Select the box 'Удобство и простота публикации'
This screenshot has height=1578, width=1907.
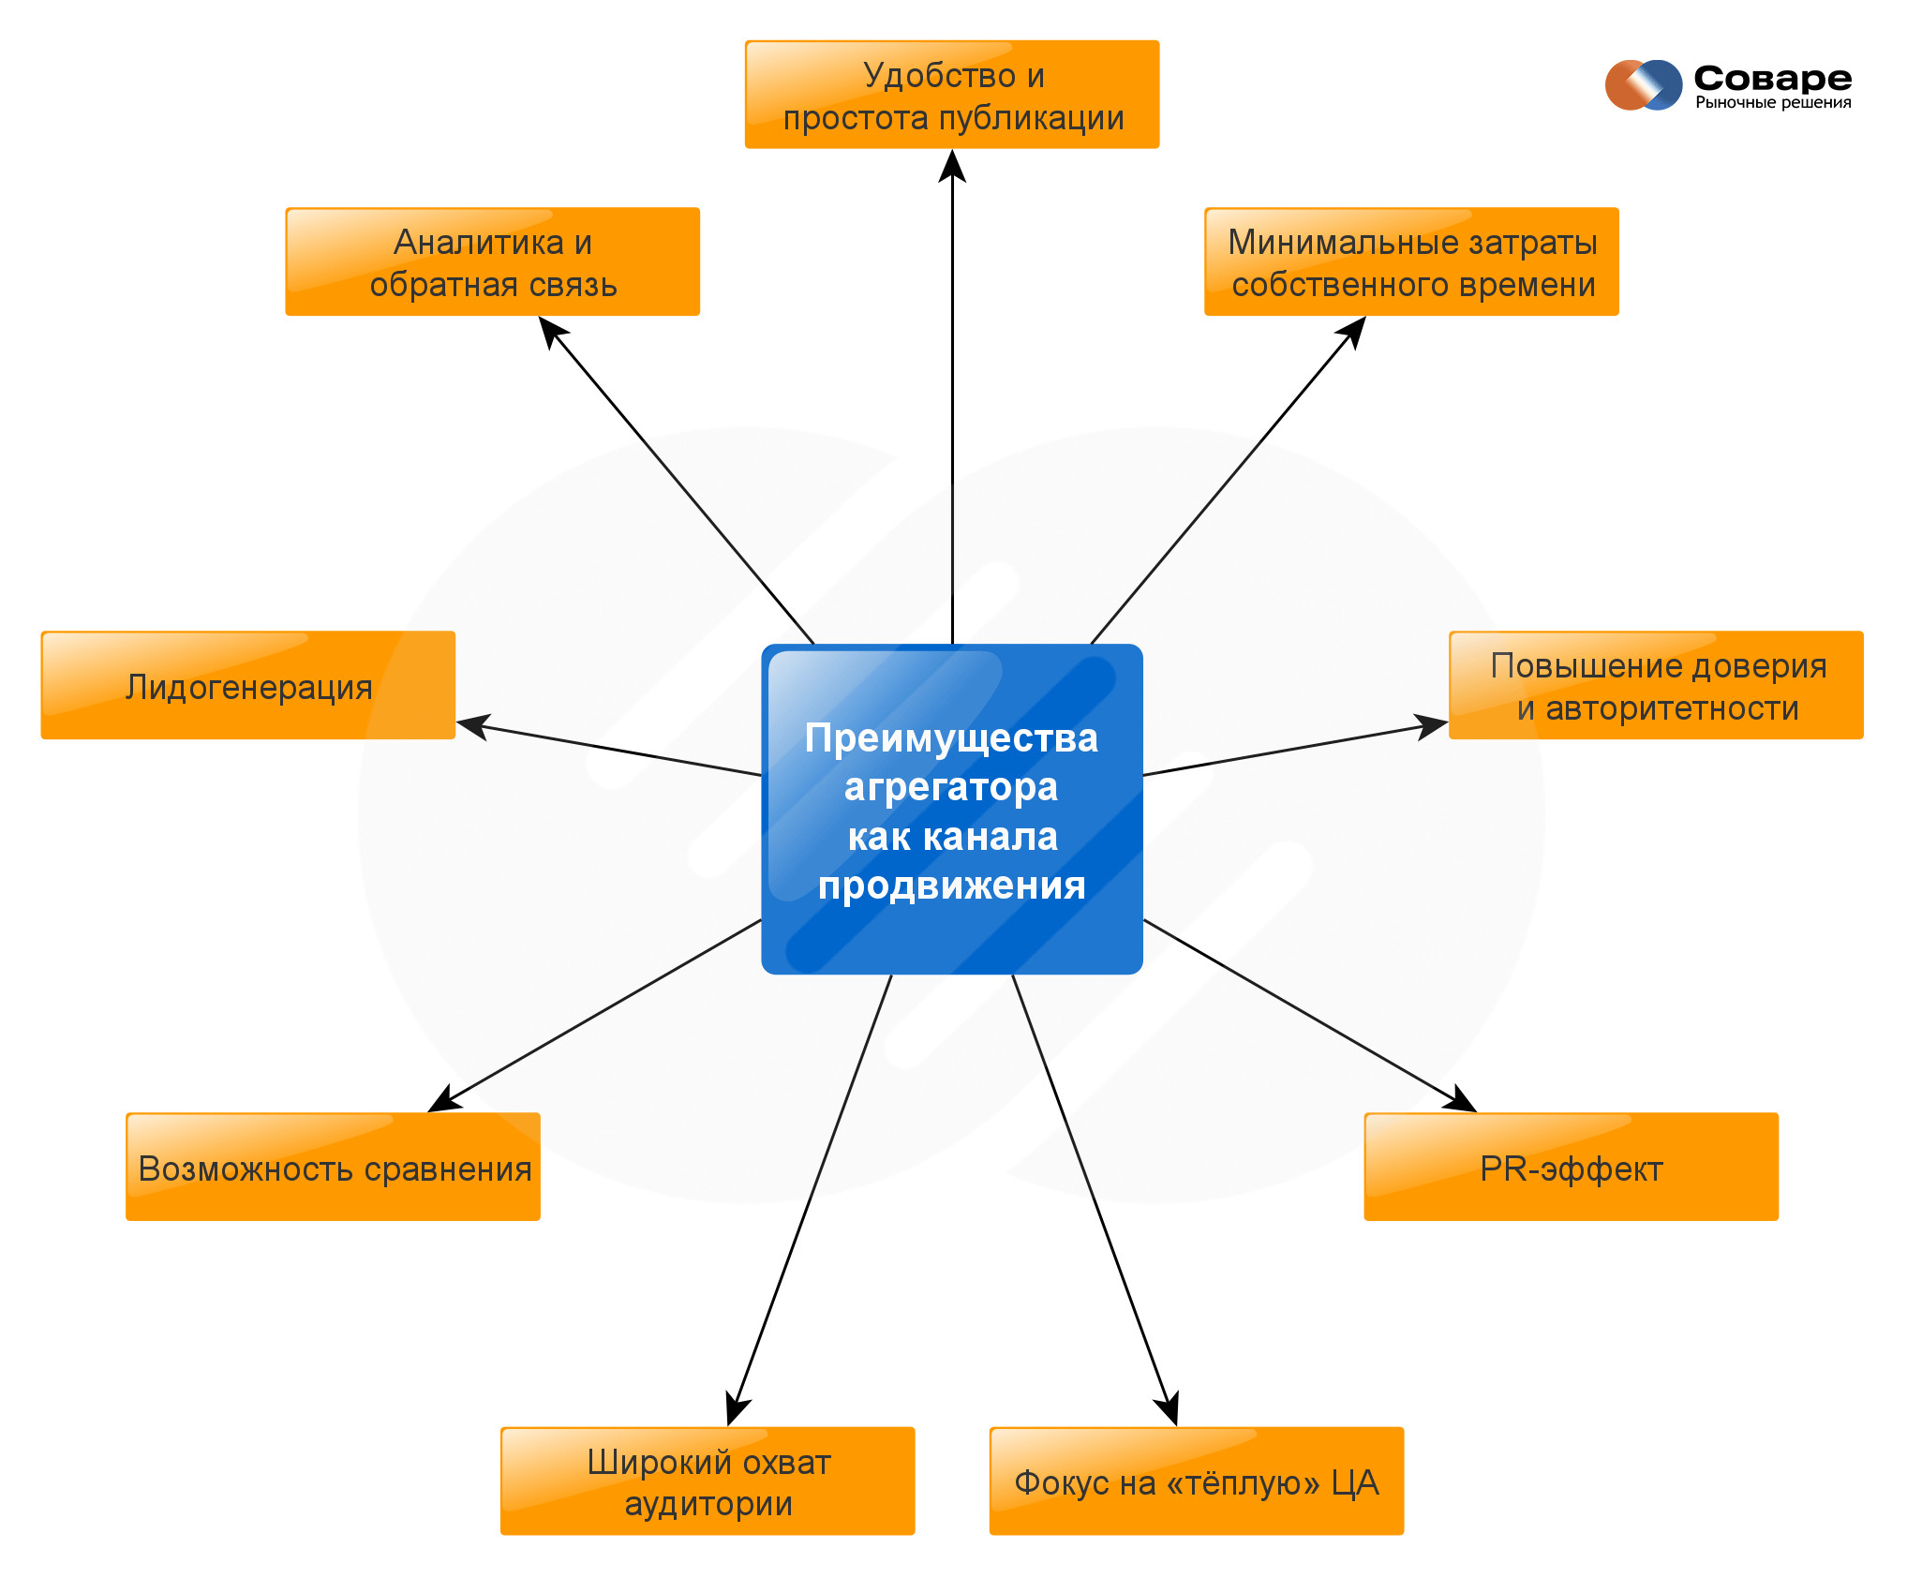952,95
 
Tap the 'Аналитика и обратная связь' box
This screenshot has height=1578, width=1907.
493,262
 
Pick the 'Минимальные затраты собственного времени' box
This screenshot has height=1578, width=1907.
1411,262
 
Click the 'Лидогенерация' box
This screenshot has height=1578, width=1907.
248,686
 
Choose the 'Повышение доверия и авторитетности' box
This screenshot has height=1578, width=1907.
1656,686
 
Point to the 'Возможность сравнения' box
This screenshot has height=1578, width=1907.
334,1168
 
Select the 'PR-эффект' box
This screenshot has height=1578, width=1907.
1571,1168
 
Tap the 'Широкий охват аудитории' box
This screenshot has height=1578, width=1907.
708,1481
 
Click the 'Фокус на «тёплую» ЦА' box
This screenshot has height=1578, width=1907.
1197,1481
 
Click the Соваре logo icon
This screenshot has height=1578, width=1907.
1643,85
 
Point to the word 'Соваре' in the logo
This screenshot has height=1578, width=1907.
1772,78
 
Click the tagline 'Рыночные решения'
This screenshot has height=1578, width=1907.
1773,103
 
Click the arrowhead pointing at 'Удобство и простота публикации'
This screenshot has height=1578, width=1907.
952,165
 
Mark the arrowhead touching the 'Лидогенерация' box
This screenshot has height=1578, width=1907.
472,726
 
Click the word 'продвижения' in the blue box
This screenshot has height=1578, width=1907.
951,885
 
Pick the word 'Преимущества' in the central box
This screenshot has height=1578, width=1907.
951,738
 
